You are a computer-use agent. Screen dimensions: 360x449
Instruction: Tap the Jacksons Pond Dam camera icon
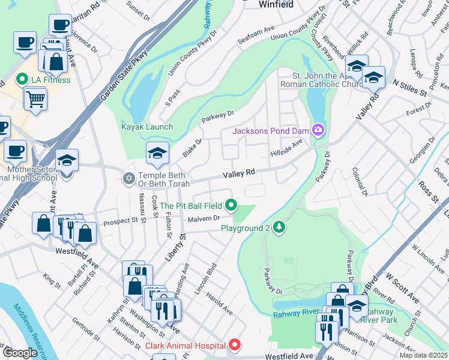(x=318, y=130)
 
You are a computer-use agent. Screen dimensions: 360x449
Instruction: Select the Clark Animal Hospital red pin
(x=235, y=346)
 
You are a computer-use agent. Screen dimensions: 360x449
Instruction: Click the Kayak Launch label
(x=147, y=127)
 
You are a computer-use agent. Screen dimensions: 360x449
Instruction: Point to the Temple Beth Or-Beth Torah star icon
(x=128, y=178)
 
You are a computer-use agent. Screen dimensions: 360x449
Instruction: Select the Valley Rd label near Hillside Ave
(x=239, y=173)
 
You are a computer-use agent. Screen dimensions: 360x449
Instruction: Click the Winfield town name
(x=276, y=4)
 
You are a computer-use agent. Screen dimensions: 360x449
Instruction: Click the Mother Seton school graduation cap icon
(x=67, y=160)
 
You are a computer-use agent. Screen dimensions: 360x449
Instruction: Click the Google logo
(x=20, y=352)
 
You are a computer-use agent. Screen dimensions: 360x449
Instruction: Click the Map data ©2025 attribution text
(x=423, y=355)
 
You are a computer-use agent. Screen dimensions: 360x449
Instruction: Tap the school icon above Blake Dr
(x=157, y=154)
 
